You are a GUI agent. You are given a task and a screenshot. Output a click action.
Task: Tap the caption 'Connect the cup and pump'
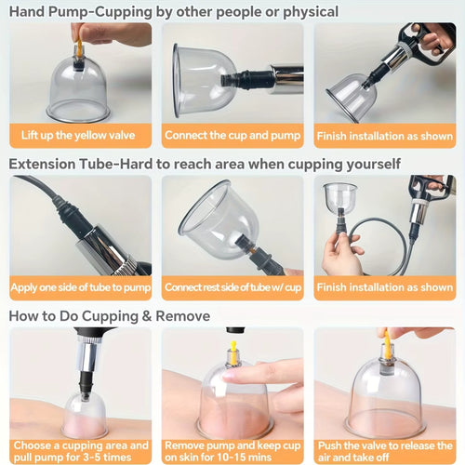[232, 135]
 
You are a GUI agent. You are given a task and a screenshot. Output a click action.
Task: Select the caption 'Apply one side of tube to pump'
[80, 286]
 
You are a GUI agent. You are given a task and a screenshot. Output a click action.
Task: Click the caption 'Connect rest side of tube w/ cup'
[232, 286]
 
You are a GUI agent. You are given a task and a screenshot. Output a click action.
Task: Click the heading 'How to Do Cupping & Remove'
[110, 316]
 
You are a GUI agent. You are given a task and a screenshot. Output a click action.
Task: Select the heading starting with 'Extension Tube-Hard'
[205, 165]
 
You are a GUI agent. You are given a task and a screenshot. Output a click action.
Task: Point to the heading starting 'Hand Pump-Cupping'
[173, 12]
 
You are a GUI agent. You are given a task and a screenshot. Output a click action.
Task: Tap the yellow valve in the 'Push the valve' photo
[383, 344]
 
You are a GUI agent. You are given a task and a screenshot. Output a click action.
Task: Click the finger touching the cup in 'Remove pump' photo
[265, 377]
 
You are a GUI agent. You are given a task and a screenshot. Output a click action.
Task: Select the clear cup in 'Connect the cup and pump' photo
[203, 79]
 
